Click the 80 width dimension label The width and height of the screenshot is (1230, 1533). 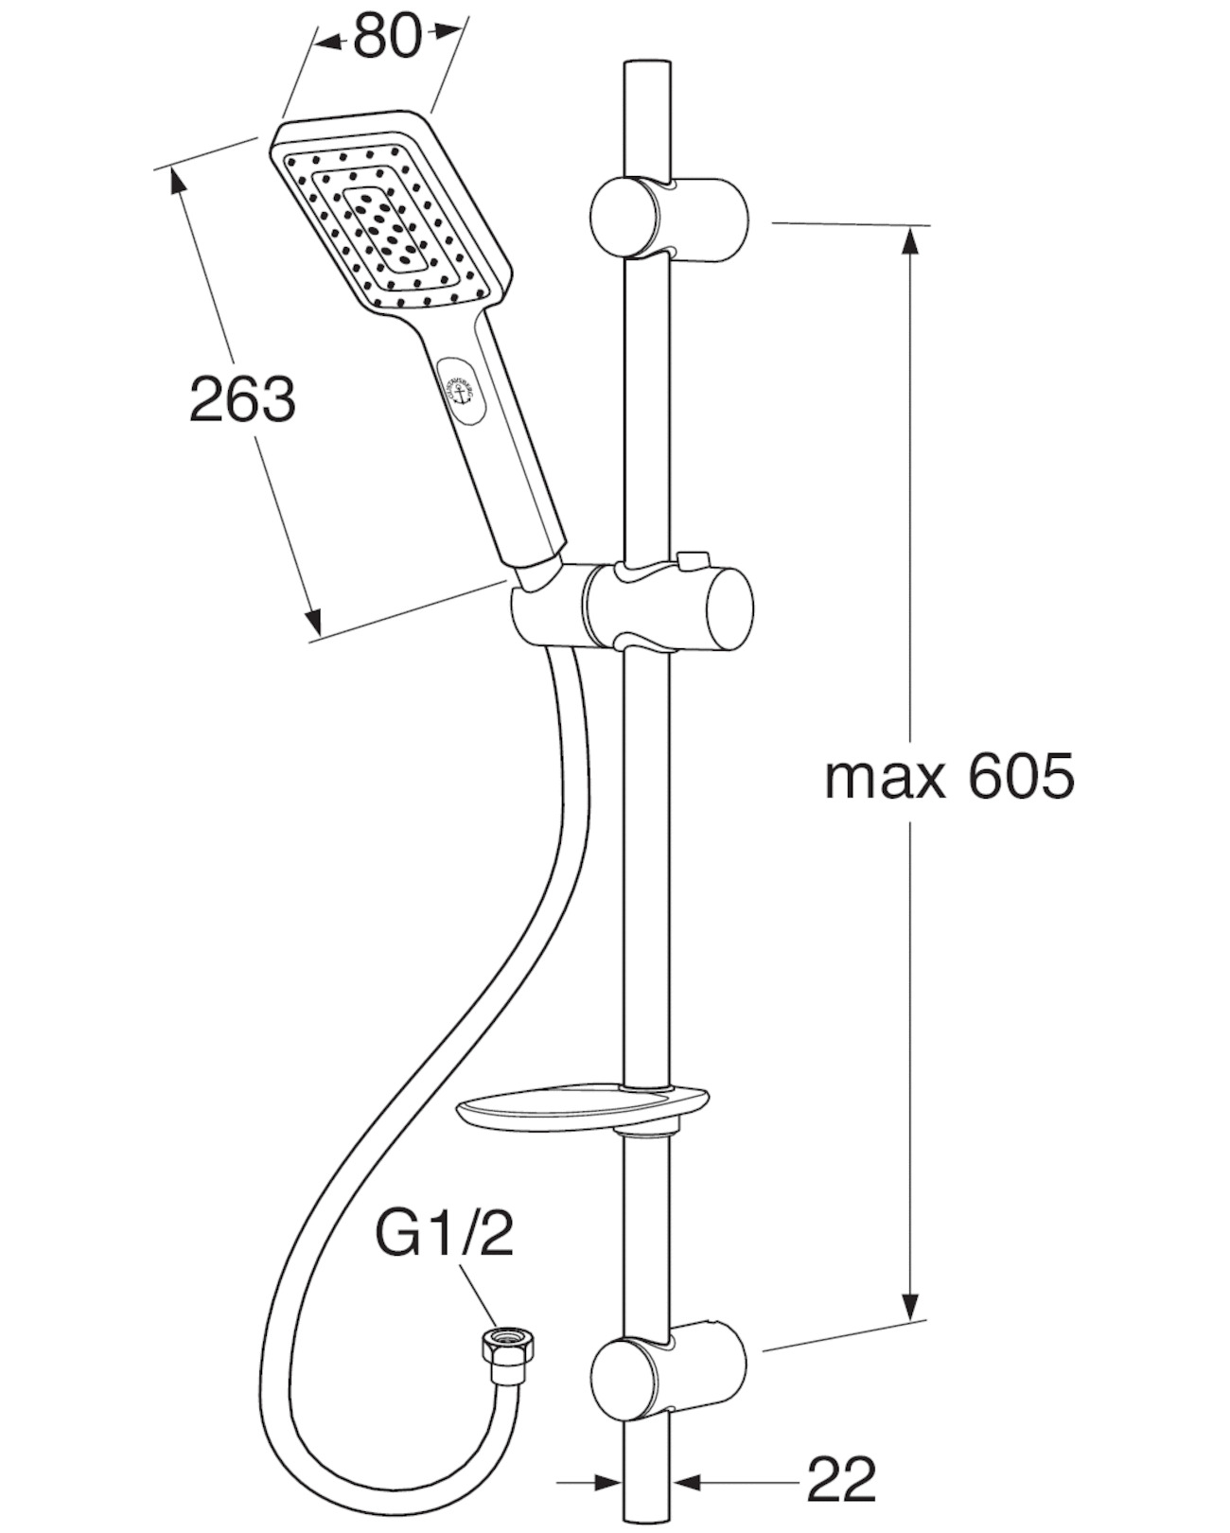[388, 39]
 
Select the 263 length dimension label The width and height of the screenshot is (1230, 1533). [242, 398]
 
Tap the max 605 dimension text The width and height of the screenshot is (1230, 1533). [949, 778]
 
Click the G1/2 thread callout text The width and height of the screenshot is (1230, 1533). [445, 1234]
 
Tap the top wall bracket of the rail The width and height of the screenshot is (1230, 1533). [668, 218]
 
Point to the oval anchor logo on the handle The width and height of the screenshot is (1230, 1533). [462, 391]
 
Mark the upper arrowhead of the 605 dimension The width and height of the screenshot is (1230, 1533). [909, 240]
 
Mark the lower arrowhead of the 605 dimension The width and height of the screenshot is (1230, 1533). [910, 1306]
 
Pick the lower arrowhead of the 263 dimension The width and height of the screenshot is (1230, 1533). [312, 622]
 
